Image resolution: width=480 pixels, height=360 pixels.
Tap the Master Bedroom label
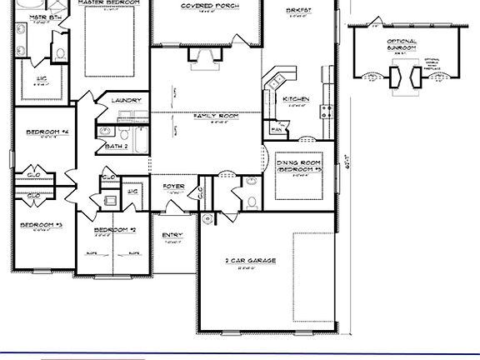[x=107, y=2]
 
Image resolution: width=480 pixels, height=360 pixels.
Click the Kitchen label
[x=296, y=99]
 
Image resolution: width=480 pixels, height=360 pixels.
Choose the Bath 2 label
[x=117, y=146]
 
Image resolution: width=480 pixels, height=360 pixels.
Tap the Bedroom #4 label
[x=47, y=132]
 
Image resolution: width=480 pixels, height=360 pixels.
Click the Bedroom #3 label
[x=42, y=225]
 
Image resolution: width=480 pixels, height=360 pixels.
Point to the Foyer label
[x=173, y=186]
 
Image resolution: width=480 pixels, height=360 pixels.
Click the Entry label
[x=172, y=235]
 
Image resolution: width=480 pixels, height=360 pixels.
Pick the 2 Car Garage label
[x=250, y=261]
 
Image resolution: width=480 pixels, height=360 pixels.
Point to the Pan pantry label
[x=275, y=129]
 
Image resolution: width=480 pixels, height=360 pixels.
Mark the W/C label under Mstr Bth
[x=41, y=78]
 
